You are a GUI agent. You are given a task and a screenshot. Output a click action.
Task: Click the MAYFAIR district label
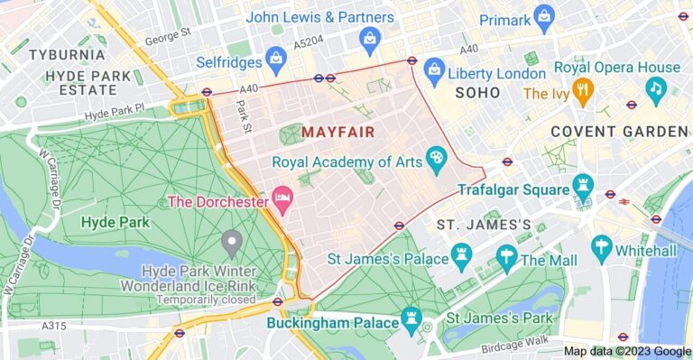click(337, 133)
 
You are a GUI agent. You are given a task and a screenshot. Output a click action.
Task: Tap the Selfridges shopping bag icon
click(277, 63)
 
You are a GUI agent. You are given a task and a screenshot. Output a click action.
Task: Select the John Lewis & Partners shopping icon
click(369, 39)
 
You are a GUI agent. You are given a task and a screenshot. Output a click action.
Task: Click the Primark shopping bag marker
click(543, 15)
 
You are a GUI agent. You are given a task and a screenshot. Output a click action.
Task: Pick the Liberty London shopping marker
click(434, 69)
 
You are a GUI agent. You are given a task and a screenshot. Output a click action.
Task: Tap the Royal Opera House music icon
click(655, 88)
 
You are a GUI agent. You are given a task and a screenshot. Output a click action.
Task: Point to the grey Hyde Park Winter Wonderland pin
click(232, 242)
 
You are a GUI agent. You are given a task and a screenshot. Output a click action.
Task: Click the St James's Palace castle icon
click(463, 257)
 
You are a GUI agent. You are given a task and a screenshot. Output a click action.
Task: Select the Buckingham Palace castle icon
click(412, 320)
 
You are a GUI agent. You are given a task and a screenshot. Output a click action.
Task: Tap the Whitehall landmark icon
click(602, 246)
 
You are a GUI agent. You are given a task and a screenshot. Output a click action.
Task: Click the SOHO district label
click(478, 93)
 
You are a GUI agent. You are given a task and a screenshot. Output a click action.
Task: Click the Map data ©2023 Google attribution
click(627, 352)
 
